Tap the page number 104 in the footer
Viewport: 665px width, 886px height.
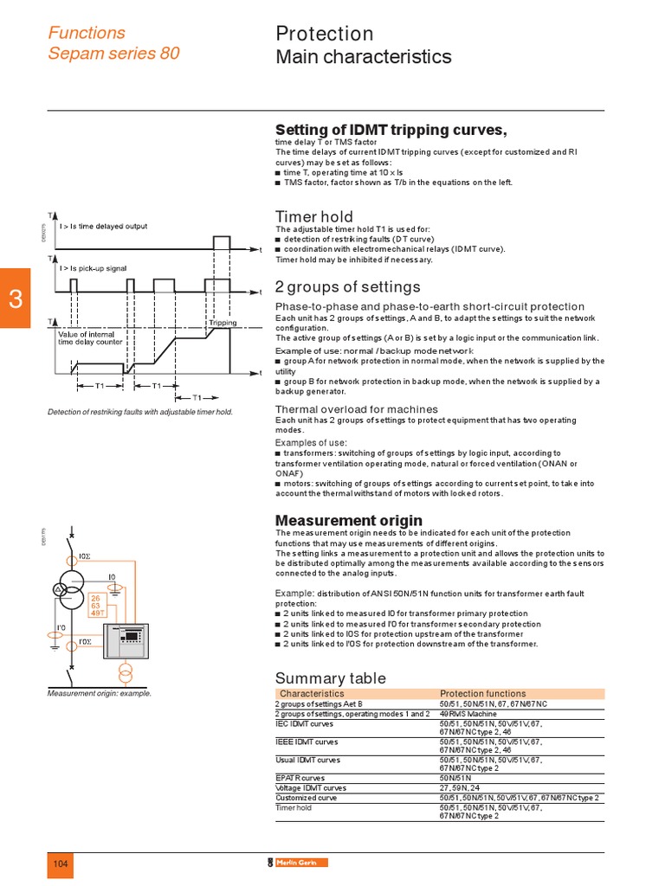61,864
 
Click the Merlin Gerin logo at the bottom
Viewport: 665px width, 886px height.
297,863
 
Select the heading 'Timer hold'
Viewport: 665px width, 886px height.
313,216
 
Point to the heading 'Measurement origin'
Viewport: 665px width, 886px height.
348,520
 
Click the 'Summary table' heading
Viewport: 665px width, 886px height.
330,677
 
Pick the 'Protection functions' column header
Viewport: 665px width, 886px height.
482,694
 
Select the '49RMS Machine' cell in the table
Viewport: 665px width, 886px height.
468,714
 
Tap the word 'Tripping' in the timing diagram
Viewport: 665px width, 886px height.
223,323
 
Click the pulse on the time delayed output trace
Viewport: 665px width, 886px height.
222,242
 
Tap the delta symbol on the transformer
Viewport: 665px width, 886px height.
61,589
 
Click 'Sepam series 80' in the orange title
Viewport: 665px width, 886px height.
113,53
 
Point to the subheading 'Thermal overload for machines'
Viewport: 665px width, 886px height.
356,409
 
